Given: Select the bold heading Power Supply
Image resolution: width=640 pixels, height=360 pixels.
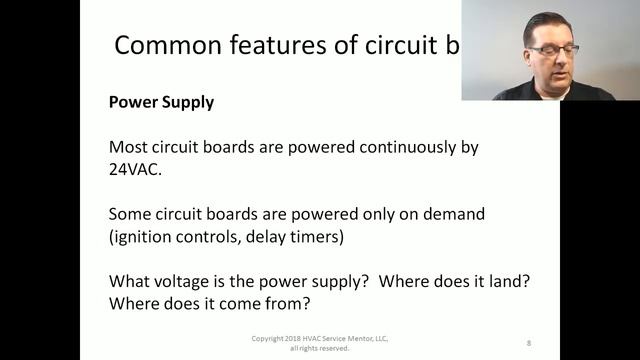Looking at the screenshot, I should pyautogui.click(x=160, y=102).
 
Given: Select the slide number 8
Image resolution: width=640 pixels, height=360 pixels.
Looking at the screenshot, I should pyautogui.click(x=529, y=343).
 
